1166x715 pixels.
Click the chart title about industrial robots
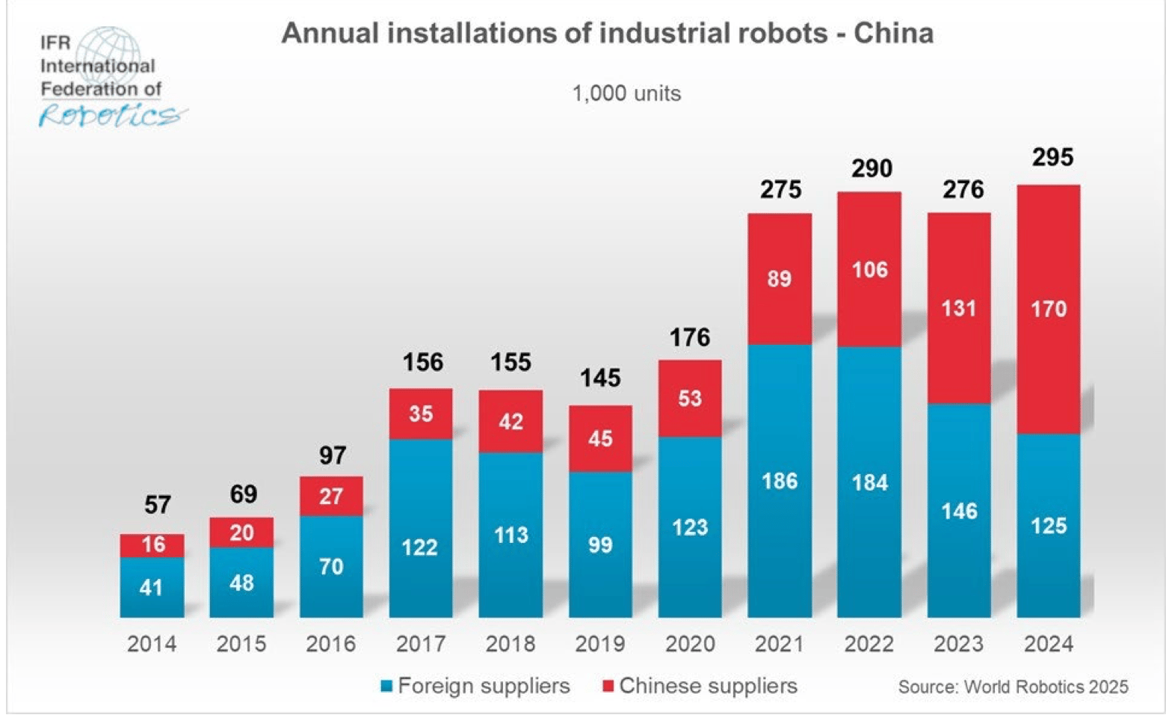(607, 34)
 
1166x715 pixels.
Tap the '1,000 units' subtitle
(626, 93)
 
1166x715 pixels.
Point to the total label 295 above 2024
(1052, 157)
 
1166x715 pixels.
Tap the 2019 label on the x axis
(600, 644)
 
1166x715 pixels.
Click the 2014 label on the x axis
(152, 644)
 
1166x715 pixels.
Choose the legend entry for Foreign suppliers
(475, 686)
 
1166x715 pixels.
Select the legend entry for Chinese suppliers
(700, 686)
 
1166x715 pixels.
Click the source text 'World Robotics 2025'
(1013, 687)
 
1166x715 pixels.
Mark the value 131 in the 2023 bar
(959, 308)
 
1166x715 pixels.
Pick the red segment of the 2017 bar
(421, 414)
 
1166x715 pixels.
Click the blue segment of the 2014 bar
(152, 587)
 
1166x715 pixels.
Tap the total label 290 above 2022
(872, 168)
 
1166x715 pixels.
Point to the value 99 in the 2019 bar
(600, 544)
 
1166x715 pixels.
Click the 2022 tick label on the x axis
(869, 644)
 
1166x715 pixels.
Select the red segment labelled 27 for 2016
(331, 496)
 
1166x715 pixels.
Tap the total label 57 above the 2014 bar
(158, 505)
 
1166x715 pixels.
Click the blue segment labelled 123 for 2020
(690, 527)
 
